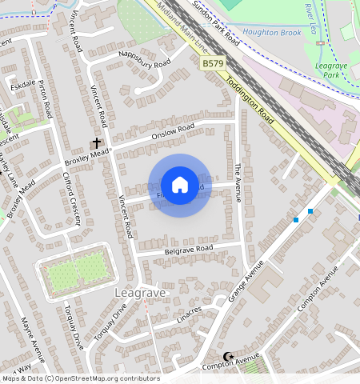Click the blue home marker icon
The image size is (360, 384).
pyautogui.click(x=180, y=185)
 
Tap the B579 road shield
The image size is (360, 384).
pyautogui.click(x=212, y=62)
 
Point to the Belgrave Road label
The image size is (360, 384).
pyautogui.click(x=188, y=249)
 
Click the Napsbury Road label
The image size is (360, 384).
pyautogui.click(x=145, y=63)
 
